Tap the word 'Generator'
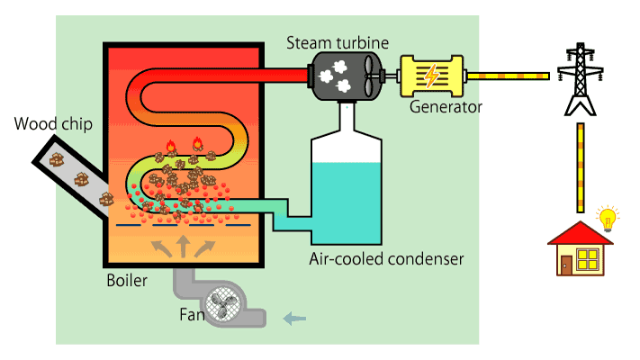(446, 106)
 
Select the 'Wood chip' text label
(51, 123)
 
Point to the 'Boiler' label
(127, 281)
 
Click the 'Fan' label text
(190, 316)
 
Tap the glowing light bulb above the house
(609, 219)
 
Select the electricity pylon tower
(579, 82)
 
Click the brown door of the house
(565, 264)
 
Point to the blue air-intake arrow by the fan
(294, 317)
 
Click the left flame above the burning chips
(171, 146)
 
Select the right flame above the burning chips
(197, 143)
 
